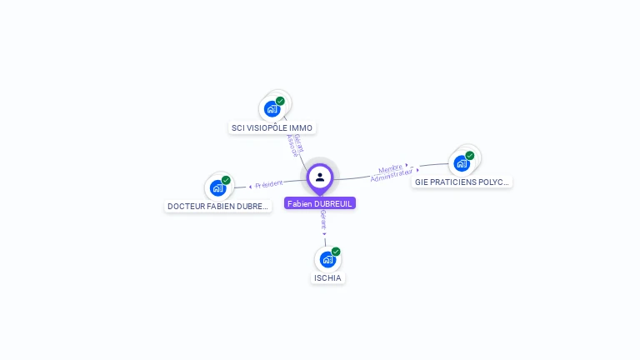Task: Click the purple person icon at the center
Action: click(x=320, y=177)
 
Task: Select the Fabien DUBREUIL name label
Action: click(x=320, y=203)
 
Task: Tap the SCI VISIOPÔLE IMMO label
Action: click(x=272, y=128)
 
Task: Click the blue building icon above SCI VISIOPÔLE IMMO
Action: click(x=272, y=108)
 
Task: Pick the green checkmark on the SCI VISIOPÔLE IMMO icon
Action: click(x=280, y=101)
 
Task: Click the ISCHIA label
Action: click(x=327, y=277)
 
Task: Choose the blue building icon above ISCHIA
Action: click(x=327, y=259)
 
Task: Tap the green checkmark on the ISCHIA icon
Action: click(x=336, y=252)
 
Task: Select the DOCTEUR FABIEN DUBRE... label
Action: click(x=218, y=206)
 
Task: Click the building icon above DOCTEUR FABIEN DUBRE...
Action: click(x=218, y=187)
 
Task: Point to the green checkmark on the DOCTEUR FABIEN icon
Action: click(x=226, y=180)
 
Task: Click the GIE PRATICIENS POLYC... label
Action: click(x=462, y=181)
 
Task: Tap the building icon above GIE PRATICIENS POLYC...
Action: click(x=462, y=162)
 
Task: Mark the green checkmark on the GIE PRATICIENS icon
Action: click(x=470, y=155)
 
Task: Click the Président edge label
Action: click(x=269, y=183)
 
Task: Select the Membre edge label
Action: click(x=390, y=168)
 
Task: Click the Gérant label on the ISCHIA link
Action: click(x=322, y=221)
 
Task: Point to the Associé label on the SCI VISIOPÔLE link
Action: click(x=292, y=146)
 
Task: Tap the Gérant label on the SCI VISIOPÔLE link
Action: click(x=299, y=143)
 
